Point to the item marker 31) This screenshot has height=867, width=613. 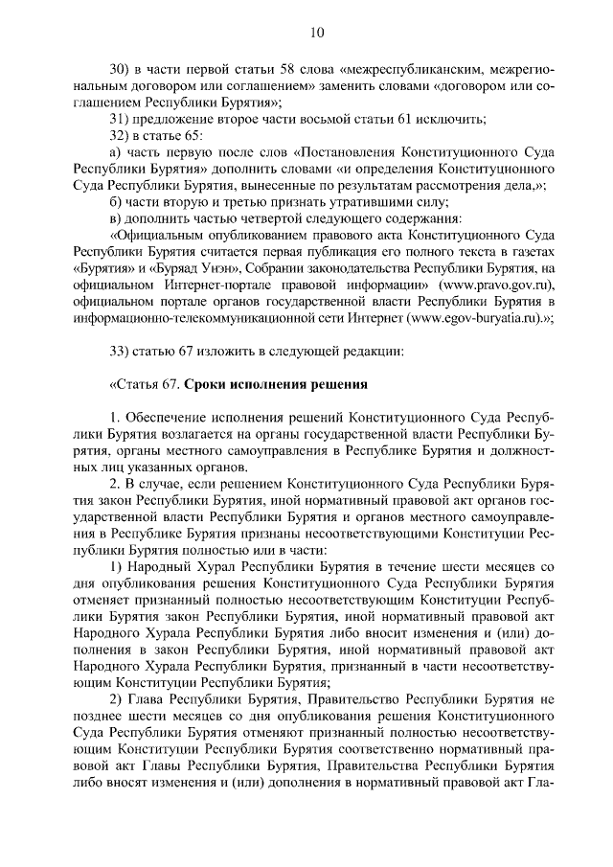tap(120, 119)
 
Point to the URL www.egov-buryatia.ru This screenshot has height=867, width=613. tap(472, 317)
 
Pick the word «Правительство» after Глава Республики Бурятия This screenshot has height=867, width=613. tap(356, 699)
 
